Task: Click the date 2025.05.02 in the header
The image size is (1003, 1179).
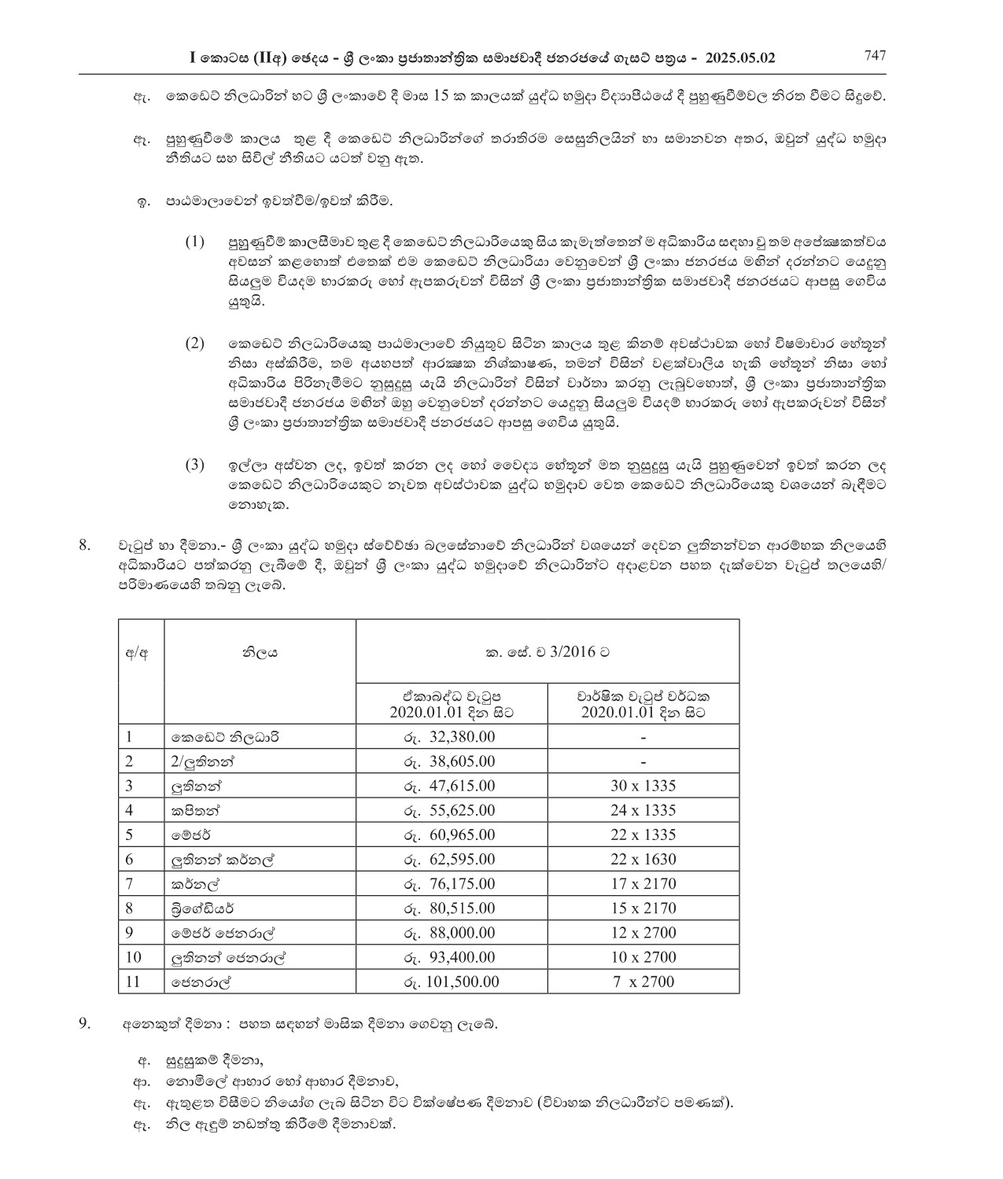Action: point(740,57)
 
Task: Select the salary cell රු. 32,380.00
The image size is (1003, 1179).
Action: point(451,737)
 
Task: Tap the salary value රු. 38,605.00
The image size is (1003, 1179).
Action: point(451,761)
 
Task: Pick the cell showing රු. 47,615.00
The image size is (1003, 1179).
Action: point(451,786)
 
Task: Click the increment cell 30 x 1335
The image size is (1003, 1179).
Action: point(643,786)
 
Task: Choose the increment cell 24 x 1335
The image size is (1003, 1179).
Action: point(643,810)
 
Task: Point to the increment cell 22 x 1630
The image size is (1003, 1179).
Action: point(643,859)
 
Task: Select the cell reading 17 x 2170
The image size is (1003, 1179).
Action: point(643,883)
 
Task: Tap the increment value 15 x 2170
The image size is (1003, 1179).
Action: point(643,908)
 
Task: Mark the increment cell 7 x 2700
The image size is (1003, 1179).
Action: point(643,981)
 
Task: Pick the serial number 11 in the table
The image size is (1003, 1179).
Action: point(134,981)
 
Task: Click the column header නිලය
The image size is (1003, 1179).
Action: point(260,652)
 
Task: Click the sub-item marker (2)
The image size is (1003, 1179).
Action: point(194,344)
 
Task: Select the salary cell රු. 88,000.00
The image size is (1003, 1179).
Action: point(451,932)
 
